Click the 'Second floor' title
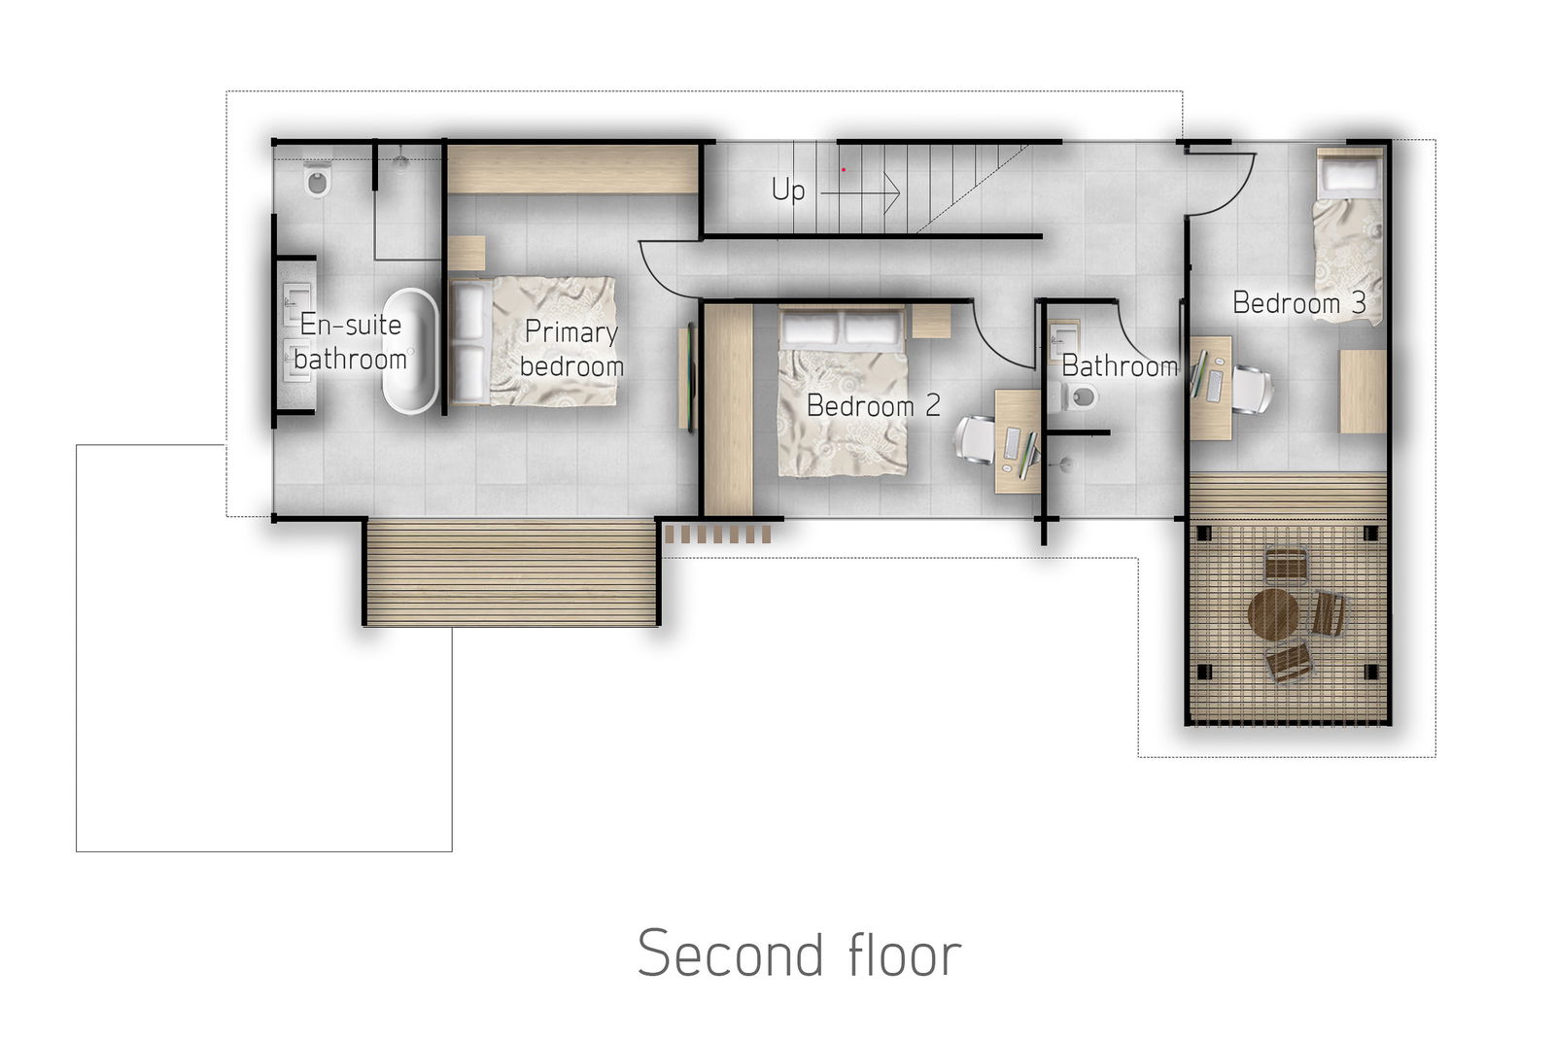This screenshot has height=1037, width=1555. (799, 953)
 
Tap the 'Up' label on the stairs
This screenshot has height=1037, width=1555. (788, 190)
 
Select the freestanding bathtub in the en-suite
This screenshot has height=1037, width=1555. (410, 351)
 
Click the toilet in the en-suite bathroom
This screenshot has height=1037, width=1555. (318, 180)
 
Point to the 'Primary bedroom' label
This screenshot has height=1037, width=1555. (571, 349)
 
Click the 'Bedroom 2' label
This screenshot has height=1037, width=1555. (874, 405)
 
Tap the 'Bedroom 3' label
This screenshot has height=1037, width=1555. (1298, 302)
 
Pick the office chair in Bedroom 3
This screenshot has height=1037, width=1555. (1253, 390)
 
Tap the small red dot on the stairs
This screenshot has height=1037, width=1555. (844, 169)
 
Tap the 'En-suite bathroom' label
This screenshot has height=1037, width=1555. (351, 342)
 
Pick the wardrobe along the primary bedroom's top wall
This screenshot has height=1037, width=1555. (572, 169)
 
